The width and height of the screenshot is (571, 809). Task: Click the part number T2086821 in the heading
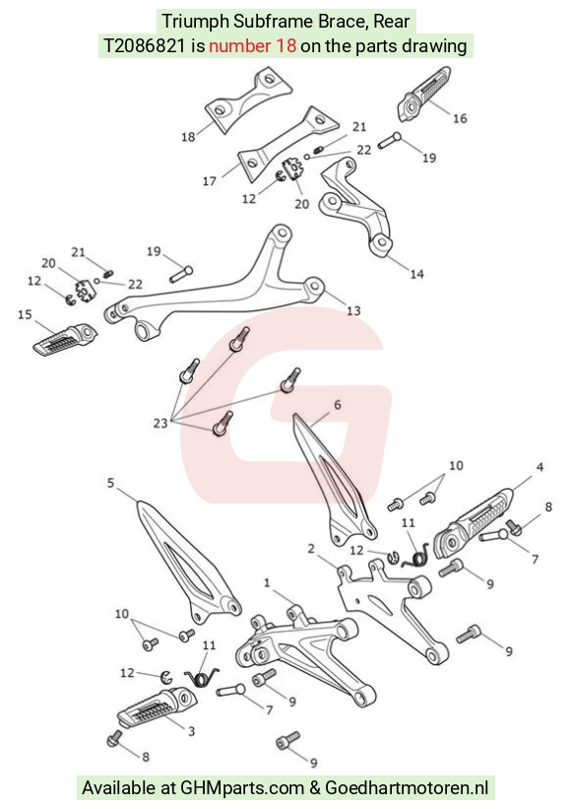click(x=144, y=46)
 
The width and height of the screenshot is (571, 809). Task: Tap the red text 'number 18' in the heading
click(x=252, y=46)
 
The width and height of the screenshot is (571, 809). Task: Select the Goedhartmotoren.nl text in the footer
click(x=407, y=787)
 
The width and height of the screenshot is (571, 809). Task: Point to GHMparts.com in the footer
click(x=242, y=788)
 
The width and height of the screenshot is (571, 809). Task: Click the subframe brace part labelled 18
click(x=248, y=101)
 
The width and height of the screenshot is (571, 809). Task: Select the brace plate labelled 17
click(x=286, y=144)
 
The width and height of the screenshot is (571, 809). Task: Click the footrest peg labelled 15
click(x=65, y=339)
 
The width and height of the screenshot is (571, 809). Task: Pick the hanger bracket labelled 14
click(x=356, y=206)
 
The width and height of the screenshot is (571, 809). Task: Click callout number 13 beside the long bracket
click(x=353, y=310)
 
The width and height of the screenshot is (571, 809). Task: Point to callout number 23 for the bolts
click(x=160, y=423)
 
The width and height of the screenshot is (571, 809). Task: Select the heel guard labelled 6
click(x=335, y=480)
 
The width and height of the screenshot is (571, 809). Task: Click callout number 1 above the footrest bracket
click(x=267, y=583)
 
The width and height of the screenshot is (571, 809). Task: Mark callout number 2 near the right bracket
click(x=311, y=549)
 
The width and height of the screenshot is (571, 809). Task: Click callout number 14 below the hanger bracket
click(x=416, y=274)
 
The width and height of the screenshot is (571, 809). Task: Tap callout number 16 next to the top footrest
click(x=460, y=118)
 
